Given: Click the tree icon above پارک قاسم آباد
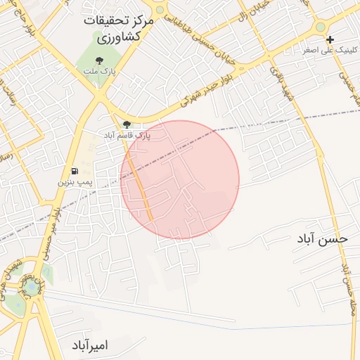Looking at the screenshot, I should coord(127,124).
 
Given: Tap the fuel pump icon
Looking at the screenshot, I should coord(74,171).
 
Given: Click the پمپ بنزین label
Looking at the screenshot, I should coord(75,182).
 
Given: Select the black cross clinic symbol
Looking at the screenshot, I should coord(330,39).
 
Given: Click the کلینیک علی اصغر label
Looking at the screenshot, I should coord(329,51).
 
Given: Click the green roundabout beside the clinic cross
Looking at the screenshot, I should coord(321,26).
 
